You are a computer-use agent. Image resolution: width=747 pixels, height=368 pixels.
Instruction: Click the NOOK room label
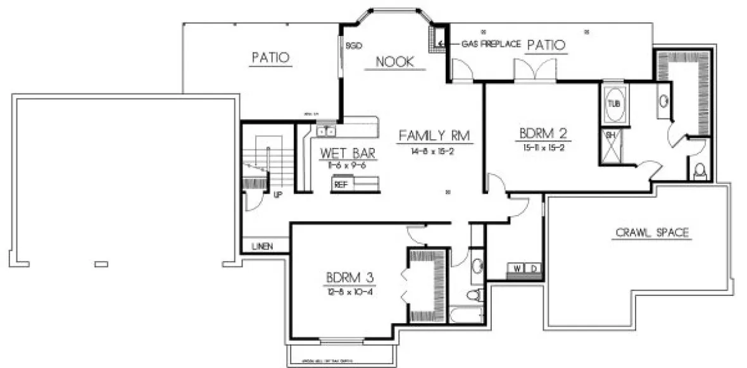pos(395,62)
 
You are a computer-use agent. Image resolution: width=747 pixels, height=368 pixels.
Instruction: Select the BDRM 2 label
pos(543,133)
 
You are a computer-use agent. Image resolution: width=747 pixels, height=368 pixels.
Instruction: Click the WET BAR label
pos(349,153)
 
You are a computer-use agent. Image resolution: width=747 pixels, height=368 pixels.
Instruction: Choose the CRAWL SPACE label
pos(652,233)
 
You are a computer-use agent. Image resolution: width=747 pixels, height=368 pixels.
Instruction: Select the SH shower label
pos(611,135)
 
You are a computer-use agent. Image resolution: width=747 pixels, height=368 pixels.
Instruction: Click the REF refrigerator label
pos(341,185)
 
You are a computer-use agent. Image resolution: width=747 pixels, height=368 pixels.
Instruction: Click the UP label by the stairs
pos(277,195)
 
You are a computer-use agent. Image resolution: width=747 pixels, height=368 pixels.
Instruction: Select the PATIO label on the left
pos(270,58)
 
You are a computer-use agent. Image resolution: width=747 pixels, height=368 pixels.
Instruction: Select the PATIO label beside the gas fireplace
pos(546,44)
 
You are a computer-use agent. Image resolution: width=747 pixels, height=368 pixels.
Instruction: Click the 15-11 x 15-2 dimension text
pos(543,147)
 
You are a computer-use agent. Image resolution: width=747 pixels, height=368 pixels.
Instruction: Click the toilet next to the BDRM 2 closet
pos(700,171)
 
